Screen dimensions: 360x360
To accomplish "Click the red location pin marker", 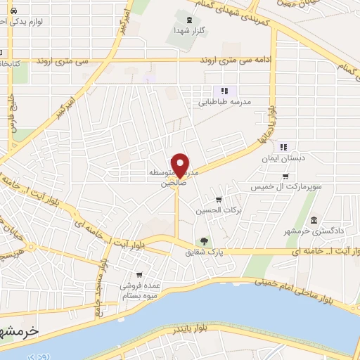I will coord(180,165).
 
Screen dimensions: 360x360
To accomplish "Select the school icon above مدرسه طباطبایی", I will coord(224,91).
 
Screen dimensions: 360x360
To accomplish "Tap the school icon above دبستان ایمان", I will coord(284,148).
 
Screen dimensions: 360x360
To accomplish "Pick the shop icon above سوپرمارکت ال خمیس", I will coord(285,176).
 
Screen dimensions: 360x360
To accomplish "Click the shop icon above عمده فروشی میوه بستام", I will coord(140,276).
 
